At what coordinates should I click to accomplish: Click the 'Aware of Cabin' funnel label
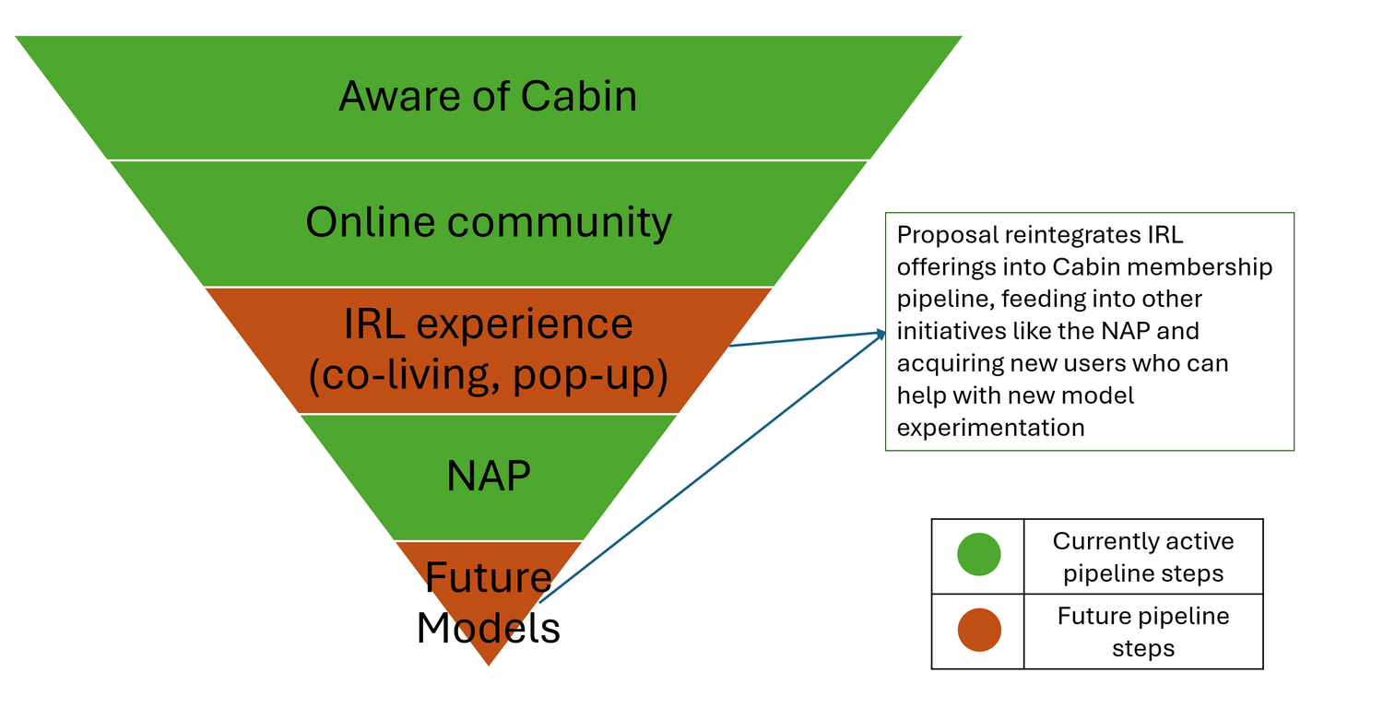click(x=488, y=96)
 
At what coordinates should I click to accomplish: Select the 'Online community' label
click(x=489, y=222)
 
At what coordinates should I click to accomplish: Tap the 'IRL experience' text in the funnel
click(x=489, y=324)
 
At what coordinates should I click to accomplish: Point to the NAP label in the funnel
click(x=489, y=476)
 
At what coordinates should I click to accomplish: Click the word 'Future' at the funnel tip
click(x=489, y=578)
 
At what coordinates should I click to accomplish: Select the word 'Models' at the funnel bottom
click(x=489, y=628)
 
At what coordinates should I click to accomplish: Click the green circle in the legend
click(x=978, y=555)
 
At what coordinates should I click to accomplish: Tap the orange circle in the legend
click(x=978, y=631)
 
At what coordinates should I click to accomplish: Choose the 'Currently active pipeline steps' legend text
click(x=1143, y=557)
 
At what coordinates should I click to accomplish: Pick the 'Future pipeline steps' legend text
click(x=1143, y=631)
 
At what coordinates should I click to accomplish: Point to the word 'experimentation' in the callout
click(x=990, y=428)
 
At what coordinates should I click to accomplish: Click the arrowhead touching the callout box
click(x=878, y=333)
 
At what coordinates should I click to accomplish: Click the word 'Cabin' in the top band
click(x=578, y=96)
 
